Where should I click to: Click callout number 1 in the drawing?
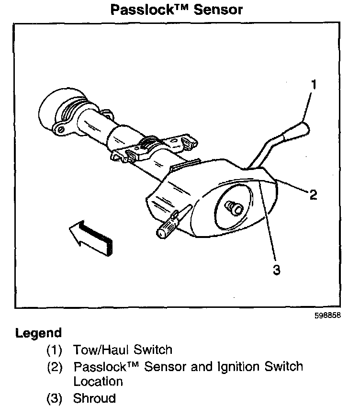click(314, 85)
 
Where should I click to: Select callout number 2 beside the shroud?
click(313, 194)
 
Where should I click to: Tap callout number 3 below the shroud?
click(276, 270)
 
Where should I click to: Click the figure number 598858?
click(330, 316)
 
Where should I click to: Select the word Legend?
click(38, 333)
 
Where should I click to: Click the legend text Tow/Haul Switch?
click(123, 350)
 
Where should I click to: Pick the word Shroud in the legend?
click(94, 398)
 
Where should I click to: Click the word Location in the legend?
click(98, 382)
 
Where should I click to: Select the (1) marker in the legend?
click(54, 350)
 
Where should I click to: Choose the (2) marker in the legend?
click(54, 367)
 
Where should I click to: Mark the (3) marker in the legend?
click(54, 398)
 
